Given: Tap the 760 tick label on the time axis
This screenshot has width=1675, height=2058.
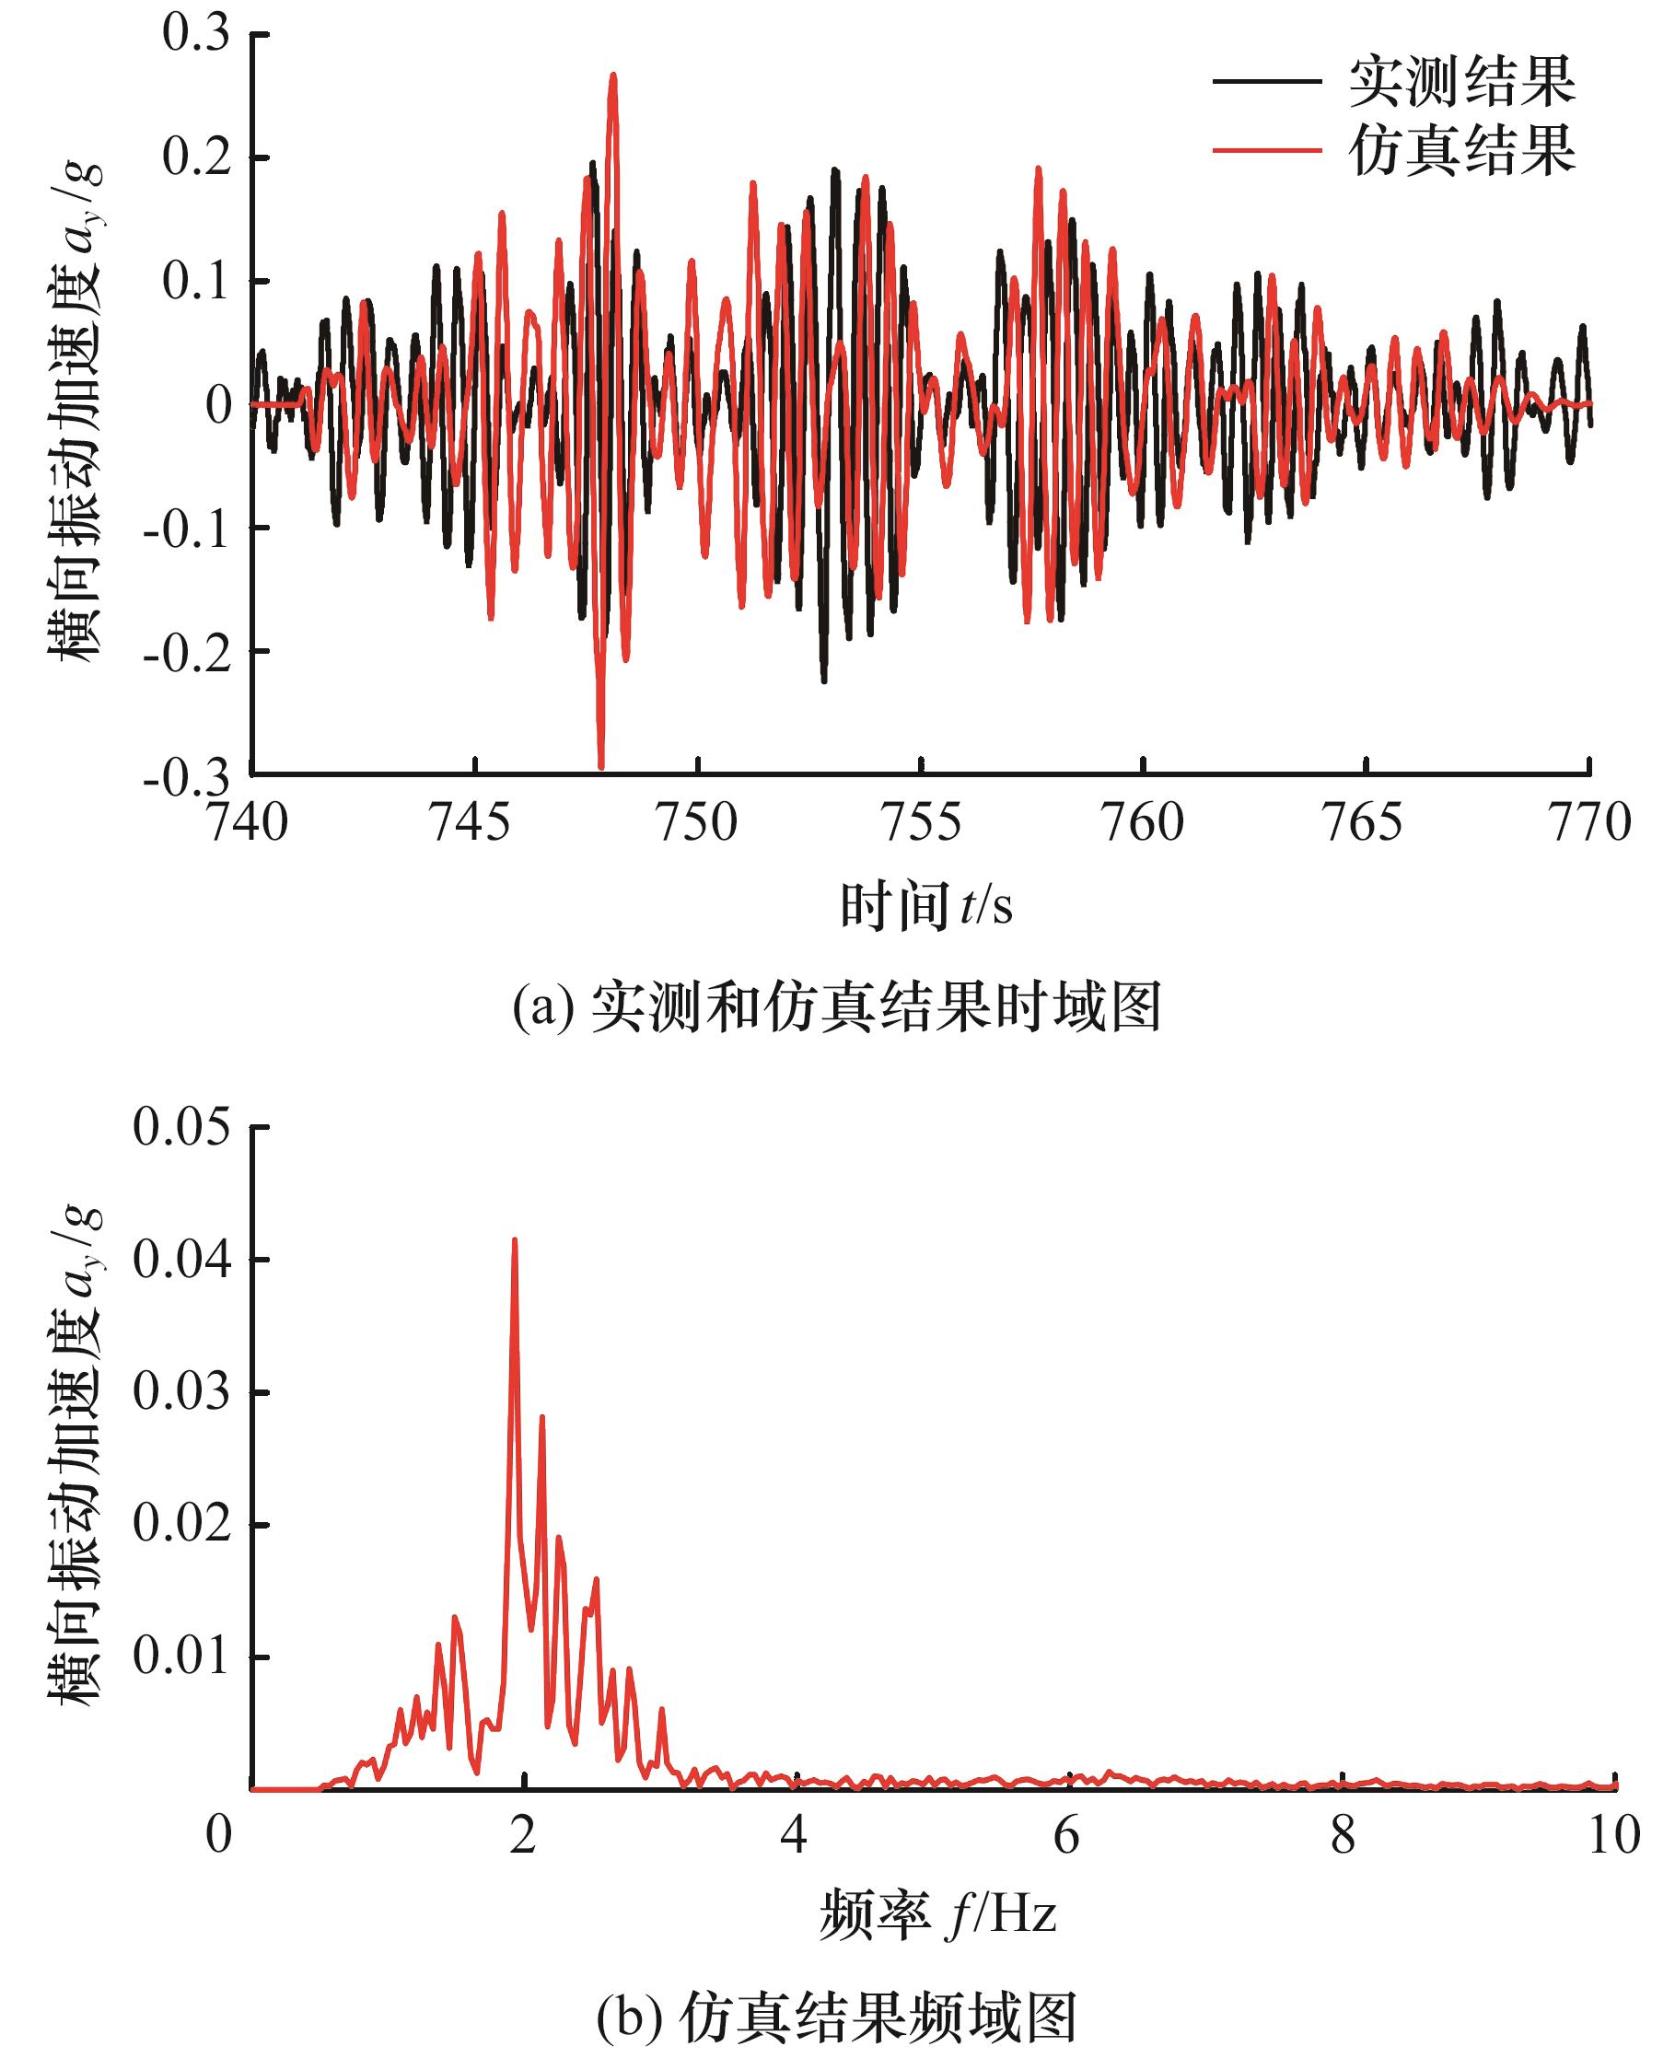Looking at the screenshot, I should click(x=1144, y=823).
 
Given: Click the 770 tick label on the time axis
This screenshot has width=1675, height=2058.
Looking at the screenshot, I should click(x=1589, y=823).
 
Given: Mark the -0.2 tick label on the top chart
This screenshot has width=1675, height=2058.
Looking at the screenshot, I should click(x=186, y=652).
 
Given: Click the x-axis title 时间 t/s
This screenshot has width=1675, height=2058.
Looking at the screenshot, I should click(x=926, y=907).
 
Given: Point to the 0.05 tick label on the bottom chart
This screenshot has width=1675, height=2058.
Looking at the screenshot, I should click(x=182, y=1126).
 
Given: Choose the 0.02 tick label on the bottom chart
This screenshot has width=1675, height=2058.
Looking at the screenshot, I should click(x=182, y=1525).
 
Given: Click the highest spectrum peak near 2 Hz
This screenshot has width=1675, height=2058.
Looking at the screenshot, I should click(x=514, y=1240).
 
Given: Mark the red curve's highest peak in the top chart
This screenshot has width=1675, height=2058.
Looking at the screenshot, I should click(x=612, y=75).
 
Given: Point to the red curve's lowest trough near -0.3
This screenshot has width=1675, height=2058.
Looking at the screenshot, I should click(x=601, y=766).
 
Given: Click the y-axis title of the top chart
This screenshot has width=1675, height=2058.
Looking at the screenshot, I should click(x=77, y=410).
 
